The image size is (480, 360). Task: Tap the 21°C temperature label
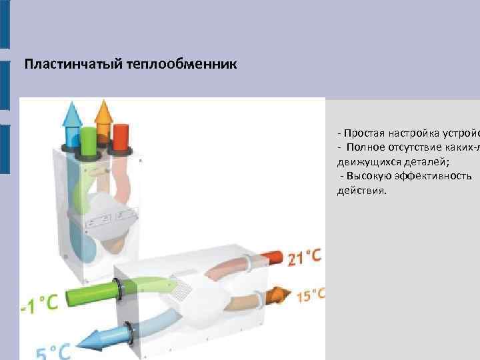click(x=305, y=255)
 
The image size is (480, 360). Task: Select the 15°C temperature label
click(x=311, y=295)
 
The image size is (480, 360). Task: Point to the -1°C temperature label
click(x=39, y=304)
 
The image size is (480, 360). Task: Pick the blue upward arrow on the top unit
click(x=71, y=115)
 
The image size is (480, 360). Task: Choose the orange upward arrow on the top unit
click(x=103, y=112)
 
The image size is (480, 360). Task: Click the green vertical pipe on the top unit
click(x=87, y=140)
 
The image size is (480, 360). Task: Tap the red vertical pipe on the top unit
click(x=121, y=137)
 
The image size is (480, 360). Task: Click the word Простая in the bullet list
click(x=364, y=132)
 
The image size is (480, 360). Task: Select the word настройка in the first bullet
click(x=412, y=132)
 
